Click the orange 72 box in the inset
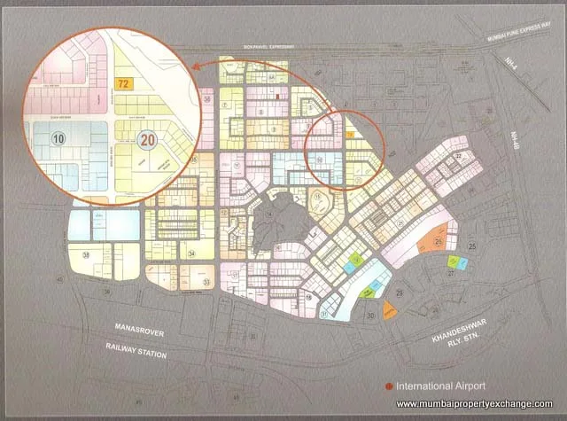[124, 82]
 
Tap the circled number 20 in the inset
[148, 137]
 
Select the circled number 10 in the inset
[58, 138]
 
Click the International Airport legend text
[441, 386]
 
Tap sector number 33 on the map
[206, 282]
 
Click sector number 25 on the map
[472, 246]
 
